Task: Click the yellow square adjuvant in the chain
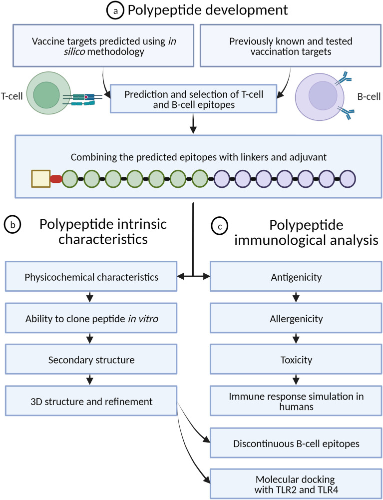pyautogui.click(x=40, y=178)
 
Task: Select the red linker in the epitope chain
pyautogui.click(x=56, y=178)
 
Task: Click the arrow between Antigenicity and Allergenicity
pyautogui.click(x=296, y=297)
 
